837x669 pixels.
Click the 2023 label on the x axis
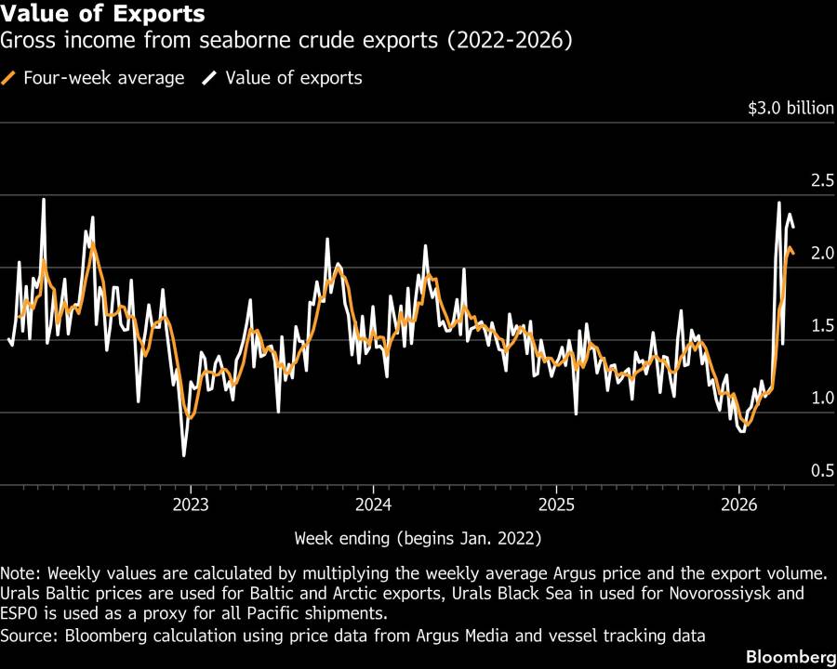pos(190,505)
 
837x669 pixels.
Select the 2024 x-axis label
pos(372,505)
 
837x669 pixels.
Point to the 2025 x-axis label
pos(554,505)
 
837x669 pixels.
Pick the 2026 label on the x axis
pos(737,505)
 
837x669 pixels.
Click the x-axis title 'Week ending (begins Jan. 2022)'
pos(418,538)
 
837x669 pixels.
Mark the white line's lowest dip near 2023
pos(183,455)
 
